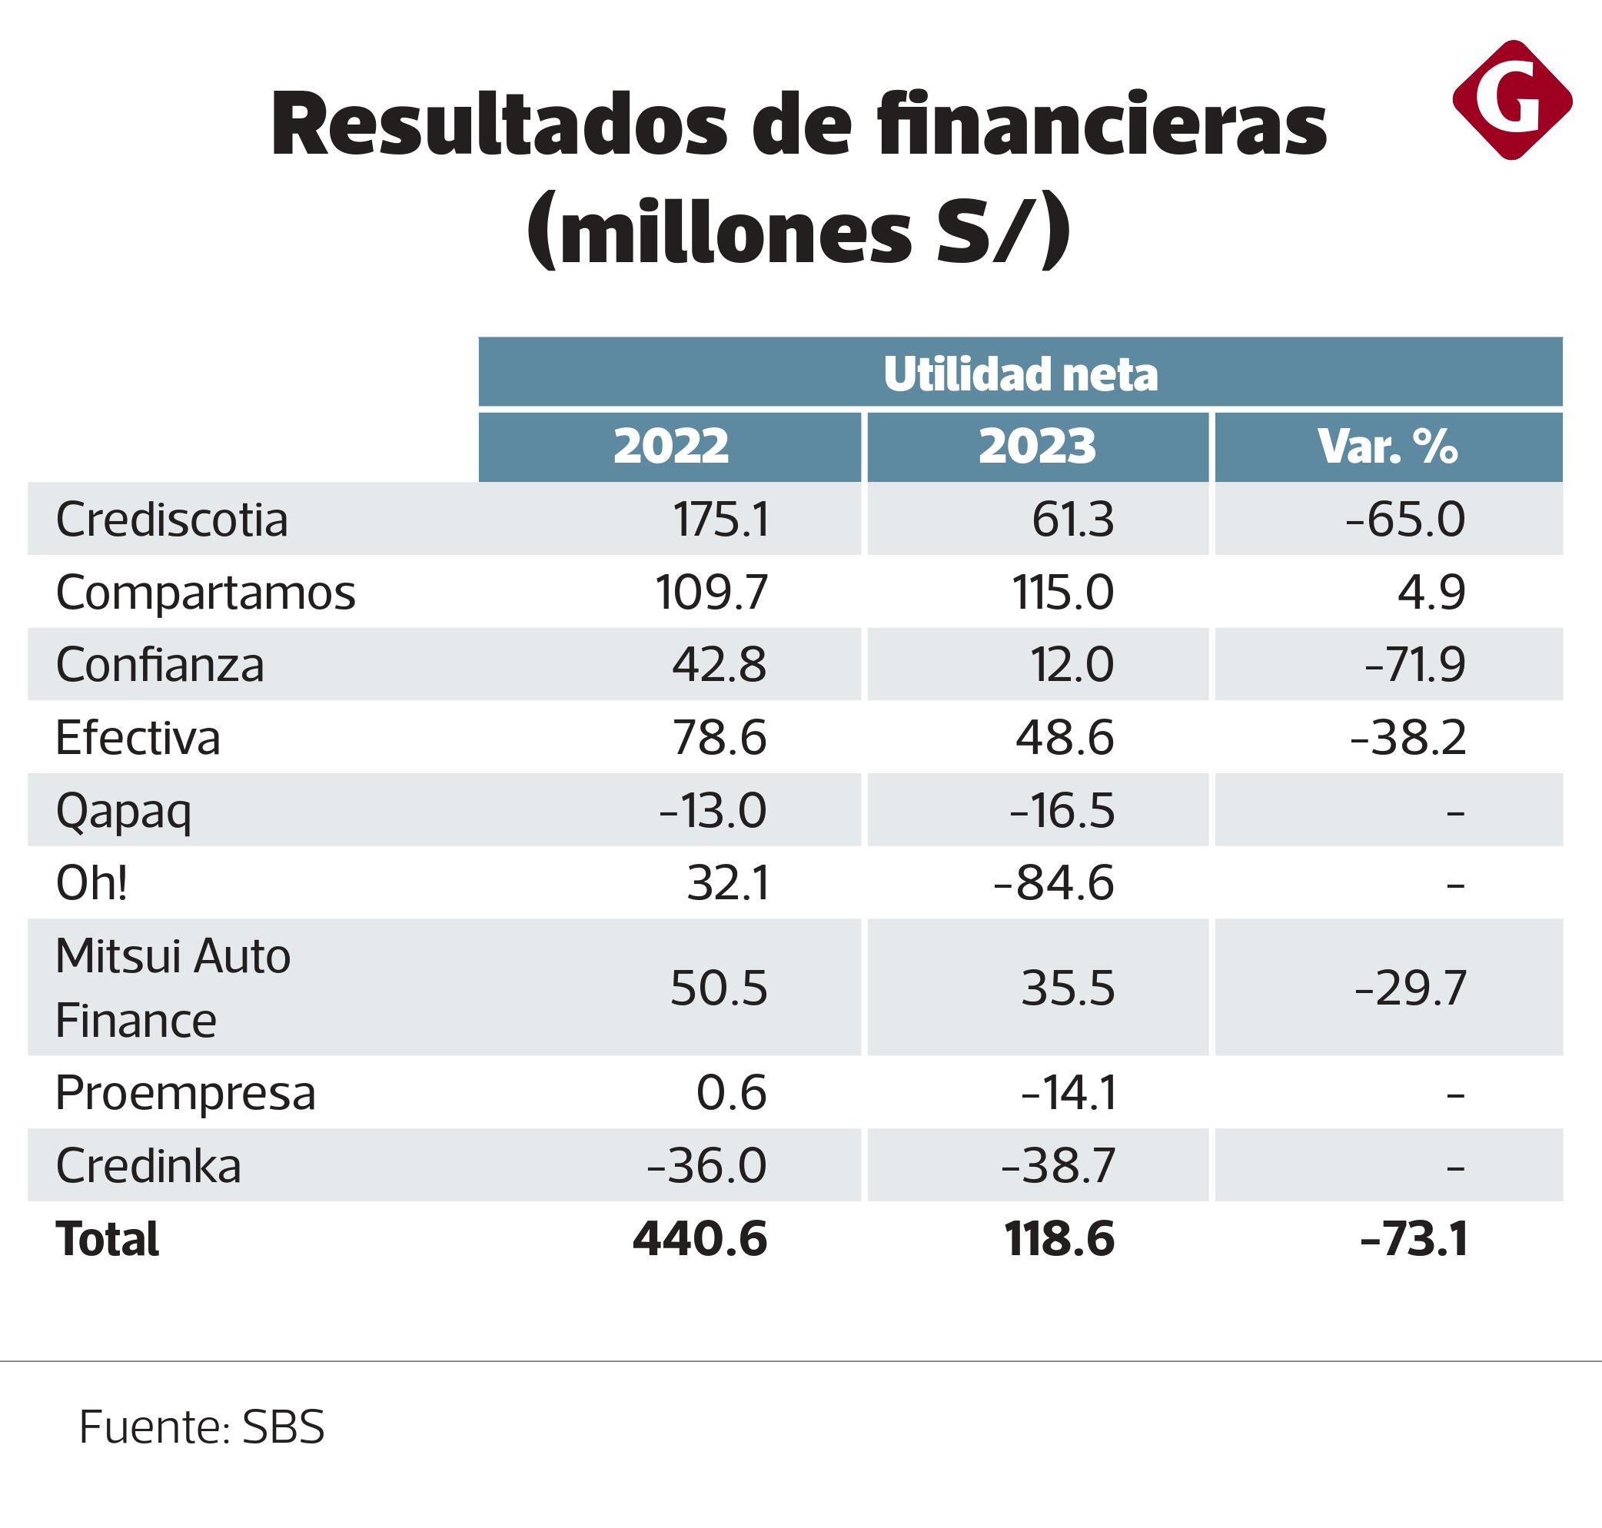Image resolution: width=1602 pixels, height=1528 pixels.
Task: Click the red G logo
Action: [1511, 100]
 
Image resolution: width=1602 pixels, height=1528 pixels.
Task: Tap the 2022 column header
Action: [670, 447]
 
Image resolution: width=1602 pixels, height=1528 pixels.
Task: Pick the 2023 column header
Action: [1037, 447]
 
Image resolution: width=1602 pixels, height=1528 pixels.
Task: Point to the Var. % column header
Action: [1388, 447]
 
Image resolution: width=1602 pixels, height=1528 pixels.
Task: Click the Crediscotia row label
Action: [172, 520]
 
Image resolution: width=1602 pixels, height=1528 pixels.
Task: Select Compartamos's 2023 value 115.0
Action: [1062, 592]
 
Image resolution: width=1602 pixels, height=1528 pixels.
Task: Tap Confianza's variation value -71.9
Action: [1414, 665]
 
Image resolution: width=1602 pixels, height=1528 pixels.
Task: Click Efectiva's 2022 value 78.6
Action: [720, 738]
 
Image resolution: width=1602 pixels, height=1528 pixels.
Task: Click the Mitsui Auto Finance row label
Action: [173, 988]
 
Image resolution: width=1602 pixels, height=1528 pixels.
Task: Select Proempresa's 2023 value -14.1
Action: [1068, 1093]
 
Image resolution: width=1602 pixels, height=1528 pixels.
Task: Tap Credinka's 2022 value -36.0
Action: [706, 1165]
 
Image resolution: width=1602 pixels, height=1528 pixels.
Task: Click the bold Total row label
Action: [108, 1239]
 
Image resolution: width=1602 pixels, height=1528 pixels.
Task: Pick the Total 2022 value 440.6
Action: [700, 1239]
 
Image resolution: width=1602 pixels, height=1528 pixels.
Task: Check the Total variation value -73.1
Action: [1413, 1239]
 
